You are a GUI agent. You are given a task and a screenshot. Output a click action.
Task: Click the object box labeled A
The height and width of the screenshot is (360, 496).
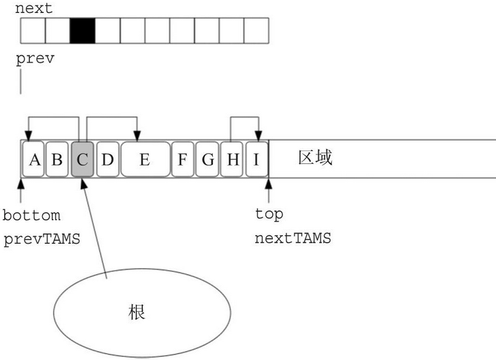coord(33,160)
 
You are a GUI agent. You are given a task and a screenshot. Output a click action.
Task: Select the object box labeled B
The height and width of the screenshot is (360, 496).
coord(57,160)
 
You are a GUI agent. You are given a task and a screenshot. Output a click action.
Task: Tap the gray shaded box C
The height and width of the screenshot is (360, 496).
coord(82,160)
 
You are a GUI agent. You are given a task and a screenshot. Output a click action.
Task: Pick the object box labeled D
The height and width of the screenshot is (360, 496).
coord(107,160)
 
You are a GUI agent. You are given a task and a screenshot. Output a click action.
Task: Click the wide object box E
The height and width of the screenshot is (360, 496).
coord(145,160)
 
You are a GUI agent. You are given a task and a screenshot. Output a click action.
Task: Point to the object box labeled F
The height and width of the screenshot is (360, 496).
coord(182,160)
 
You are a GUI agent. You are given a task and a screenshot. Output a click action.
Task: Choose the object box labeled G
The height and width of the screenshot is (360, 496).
coord(208,160)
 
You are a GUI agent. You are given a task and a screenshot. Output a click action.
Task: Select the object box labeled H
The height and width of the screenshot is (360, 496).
coord(233,160)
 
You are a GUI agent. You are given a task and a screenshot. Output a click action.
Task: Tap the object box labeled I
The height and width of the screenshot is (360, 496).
coord(257,160)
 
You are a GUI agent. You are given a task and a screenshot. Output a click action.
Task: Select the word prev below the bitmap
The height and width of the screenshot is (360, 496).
coord(35,59)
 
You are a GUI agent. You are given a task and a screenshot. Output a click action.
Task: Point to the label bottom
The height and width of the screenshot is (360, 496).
coord(31,216)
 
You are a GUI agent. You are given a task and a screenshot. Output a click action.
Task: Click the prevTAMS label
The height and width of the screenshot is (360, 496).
coord(40,239)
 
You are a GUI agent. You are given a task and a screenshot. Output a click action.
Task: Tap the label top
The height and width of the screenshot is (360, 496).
coord(269,214)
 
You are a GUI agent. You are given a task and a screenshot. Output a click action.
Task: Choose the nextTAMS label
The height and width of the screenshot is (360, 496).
coord(293,239)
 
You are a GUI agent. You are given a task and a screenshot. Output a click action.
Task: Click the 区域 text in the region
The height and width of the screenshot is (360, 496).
coord(315,159)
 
